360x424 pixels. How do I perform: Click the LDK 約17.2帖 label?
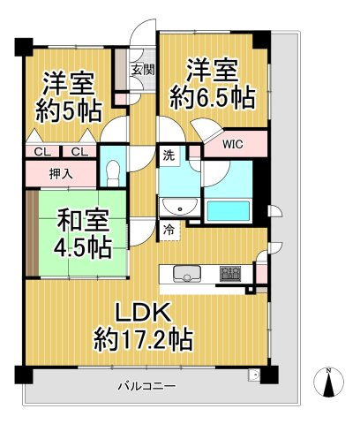[145, 323]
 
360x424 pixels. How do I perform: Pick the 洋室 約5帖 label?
[69, 98]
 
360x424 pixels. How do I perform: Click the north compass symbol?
[328, 382]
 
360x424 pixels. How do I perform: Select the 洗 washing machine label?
[168, 156]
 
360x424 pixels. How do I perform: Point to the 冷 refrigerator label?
[168, 228]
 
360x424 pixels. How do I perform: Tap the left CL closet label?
[41, 151]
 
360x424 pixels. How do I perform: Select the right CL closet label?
[79, 151]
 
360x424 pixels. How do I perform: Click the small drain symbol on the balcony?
[255, 375]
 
